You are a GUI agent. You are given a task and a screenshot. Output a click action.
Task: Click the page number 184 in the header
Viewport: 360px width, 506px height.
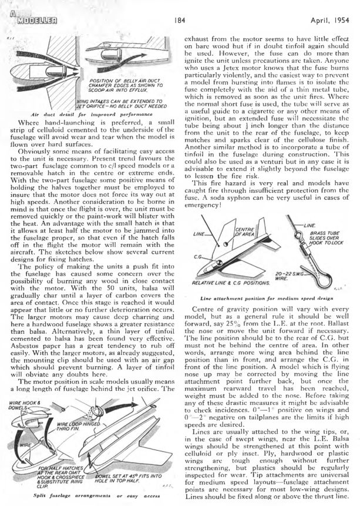180,19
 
